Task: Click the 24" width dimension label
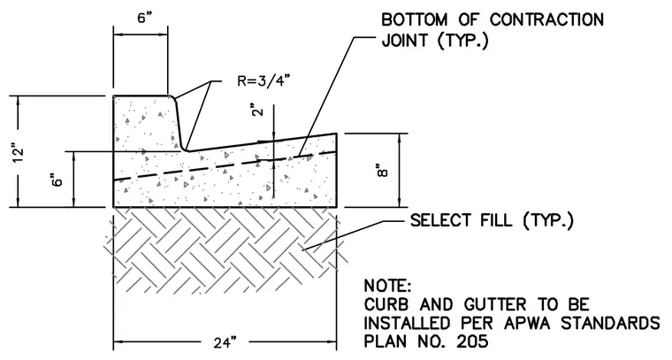click(225, 343)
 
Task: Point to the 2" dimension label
click(257, 110)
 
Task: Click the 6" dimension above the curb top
click(145, 19)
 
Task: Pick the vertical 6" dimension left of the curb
click(57, 179)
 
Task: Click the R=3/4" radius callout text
click(266, 80)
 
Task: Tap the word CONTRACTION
click(546, 19)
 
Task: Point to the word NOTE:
click(387, 286)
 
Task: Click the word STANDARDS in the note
click(611, 323)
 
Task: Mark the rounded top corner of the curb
click(173, 98)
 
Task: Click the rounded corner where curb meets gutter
click(184, 148)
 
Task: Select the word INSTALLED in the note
click(408, 323)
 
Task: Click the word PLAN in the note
click(385, 341)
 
